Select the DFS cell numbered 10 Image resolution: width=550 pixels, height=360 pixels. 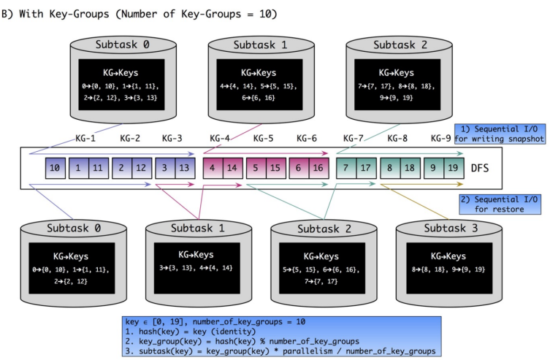55,168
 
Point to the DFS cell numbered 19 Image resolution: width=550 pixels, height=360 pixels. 454,168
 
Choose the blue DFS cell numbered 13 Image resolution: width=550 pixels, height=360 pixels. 186,168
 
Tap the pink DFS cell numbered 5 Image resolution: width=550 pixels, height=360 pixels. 256,168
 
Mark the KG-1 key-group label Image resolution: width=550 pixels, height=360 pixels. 87,137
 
